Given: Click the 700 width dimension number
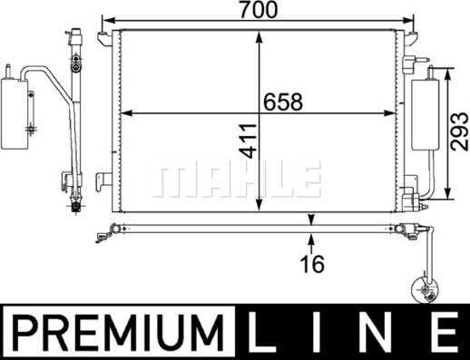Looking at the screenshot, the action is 258,9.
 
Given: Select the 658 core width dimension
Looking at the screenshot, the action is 283,102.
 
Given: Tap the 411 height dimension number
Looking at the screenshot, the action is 250,141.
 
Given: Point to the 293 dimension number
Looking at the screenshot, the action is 459,131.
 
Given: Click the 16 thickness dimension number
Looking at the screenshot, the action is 312,264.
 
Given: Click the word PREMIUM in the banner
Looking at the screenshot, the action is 119,333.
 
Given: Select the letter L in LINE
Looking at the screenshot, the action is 260,333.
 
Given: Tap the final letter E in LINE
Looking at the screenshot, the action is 446,333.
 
